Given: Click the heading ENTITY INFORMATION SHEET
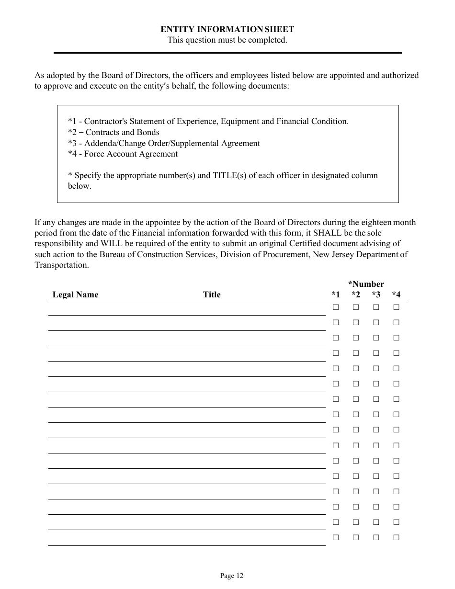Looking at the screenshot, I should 227,30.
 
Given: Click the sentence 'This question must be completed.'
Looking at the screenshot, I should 227,40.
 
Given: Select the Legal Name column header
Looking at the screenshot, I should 75,295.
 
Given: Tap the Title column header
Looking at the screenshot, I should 212,295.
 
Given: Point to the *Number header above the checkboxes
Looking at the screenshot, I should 366,284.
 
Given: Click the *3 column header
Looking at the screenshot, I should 376,295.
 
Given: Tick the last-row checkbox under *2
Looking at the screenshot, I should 356,537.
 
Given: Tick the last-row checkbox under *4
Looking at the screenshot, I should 396,537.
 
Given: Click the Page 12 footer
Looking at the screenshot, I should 232,576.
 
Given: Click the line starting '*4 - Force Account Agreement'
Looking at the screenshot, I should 123,154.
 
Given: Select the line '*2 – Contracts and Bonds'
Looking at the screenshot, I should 114,133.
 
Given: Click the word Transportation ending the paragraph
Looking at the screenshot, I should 61,265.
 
